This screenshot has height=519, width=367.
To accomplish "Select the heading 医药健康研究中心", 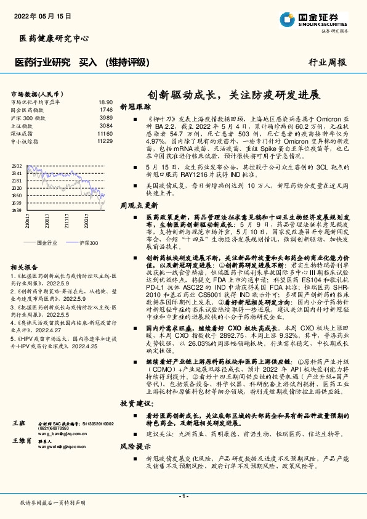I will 45,39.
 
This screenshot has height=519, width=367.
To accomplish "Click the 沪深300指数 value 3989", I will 106,117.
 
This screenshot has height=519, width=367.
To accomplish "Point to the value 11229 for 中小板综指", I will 105,141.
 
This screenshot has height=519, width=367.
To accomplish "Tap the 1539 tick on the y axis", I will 17,210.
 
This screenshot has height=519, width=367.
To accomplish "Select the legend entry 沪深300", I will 89,243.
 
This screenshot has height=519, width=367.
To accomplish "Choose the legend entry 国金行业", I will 47,243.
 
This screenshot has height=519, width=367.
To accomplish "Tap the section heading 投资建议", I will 135,403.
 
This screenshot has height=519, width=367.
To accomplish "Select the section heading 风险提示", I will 135,445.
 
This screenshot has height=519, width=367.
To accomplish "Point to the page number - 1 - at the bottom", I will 183,496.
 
